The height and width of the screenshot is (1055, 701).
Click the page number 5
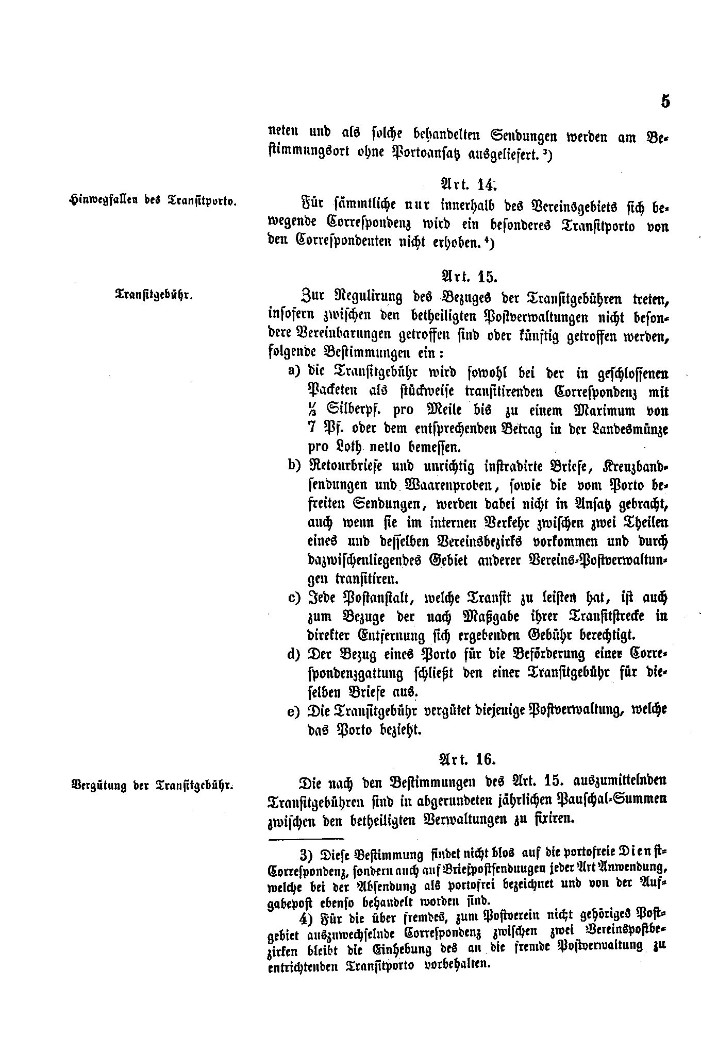[x=665, y=101]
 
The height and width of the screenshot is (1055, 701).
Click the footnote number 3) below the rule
[x=307, y=856]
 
